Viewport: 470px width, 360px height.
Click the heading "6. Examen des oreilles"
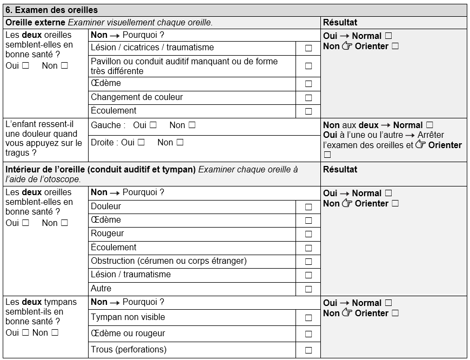(51, 10)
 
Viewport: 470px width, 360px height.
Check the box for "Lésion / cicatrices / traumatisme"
(308, 48)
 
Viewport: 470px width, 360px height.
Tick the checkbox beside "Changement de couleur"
(308, 98)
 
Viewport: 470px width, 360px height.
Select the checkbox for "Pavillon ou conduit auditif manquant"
(308, 66)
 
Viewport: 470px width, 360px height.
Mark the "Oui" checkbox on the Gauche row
(153, 125)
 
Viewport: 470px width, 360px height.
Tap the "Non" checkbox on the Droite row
(180, 143)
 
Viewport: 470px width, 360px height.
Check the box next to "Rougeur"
(308, 234)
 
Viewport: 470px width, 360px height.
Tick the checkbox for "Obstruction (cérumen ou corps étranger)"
(308, 262)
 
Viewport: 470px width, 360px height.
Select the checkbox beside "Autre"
(308, 289)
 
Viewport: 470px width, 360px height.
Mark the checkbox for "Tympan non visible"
(308, 318)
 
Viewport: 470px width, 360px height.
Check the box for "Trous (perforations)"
(308, 350)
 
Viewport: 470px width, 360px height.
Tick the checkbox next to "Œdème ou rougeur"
(308, 334)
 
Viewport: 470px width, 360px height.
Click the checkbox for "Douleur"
(308, 206)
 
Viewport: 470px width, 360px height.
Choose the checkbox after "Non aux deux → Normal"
(430, 125)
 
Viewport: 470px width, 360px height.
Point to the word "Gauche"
(106, 125)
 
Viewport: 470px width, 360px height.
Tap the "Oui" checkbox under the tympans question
(25, 333)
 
